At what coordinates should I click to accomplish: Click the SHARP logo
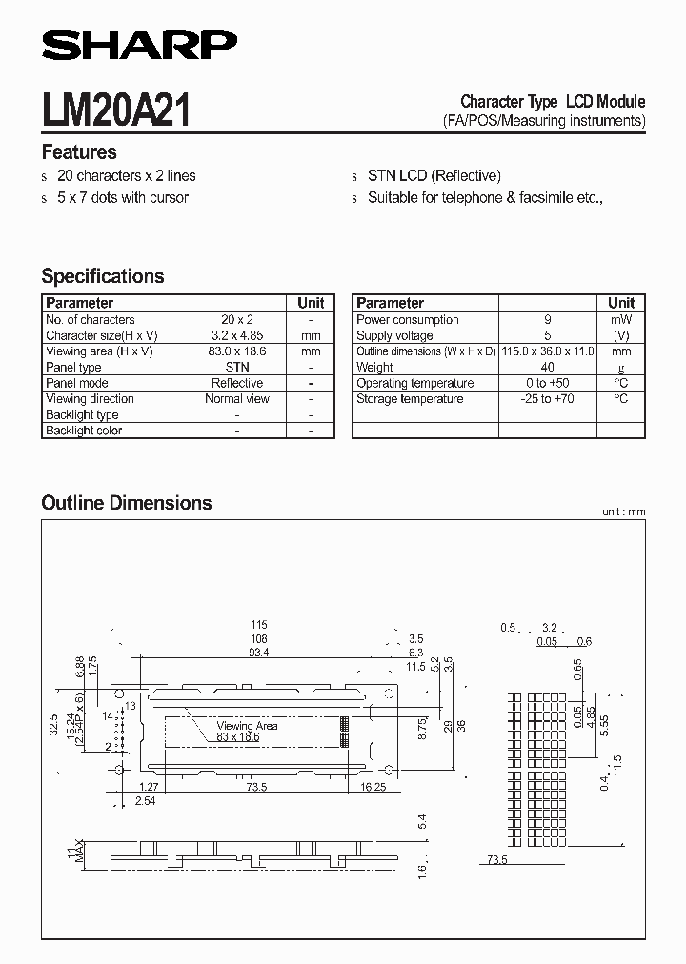pyautogui.click(x=139, y=44)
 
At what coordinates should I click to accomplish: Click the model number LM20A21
pyautogui.click(x=116, y=110)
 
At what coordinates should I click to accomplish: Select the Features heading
pyautogui.click(x=79, y=152)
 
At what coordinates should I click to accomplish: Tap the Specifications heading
pyautogui.click(x=103, y=276)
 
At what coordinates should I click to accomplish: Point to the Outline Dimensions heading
pyautogui.click(x=127, y=503)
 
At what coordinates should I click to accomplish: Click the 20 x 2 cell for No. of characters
pyautogui.click(x=237, y=320)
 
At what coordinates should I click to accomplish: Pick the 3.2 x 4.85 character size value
pyautogui.click(x=237, y=335)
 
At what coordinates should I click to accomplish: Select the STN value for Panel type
pyautogui.click(x=237, y=367)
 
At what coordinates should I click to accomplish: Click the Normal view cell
pyautogui.click(x=237, y=398)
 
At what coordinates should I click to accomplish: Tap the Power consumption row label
pyautogui.click(x=408, y=320)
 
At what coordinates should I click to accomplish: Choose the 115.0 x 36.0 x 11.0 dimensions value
pyautogui.click(x=547, y=351)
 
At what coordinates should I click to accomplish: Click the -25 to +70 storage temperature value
pyautogui.click(x=547, y=398)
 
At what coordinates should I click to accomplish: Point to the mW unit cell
pyautogui.click(x=621, y=320)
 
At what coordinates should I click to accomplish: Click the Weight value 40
pyautogui.click(x=547, y=367)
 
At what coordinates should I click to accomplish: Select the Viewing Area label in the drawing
pyautogui.click(x=248, y=726)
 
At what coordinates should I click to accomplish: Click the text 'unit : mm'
pyautogui.click(x=623, y=512)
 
